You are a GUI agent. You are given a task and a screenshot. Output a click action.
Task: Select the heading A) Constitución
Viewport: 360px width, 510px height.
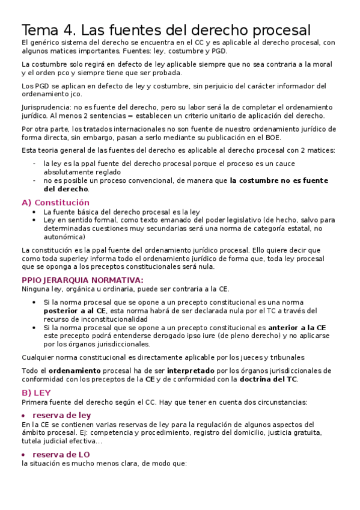pos(55,203)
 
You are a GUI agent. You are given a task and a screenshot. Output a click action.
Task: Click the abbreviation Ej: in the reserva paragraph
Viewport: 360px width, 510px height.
pos(108,433)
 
